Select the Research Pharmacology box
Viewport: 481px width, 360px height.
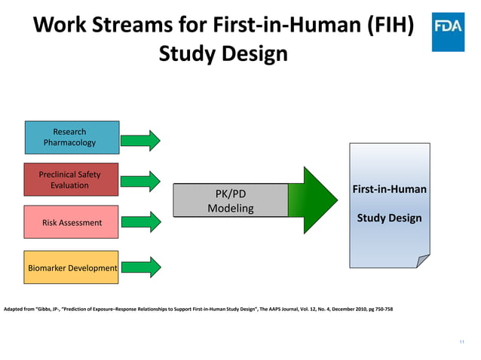(x=71, y=137)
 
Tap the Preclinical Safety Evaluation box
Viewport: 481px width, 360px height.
(x=71, y=179)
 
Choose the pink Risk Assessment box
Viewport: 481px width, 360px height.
(x=71, y=223)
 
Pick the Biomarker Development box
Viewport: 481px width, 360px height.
(x=71, y=267)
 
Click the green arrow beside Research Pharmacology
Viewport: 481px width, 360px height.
(x=141, y=140)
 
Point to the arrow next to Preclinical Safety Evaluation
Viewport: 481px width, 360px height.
(x=141, y=181)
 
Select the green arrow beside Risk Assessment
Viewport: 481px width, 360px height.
(x=141, y=221)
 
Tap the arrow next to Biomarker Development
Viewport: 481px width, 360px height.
(x=141, y=266)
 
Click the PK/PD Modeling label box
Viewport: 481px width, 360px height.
(x=231, y=200)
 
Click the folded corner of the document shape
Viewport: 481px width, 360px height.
(x=423, y=260)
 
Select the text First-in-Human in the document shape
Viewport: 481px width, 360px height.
(x=389, y=188)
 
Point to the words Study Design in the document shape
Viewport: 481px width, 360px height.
(x=389, y=218)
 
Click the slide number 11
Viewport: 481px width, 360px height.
(x=461, y=343)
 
